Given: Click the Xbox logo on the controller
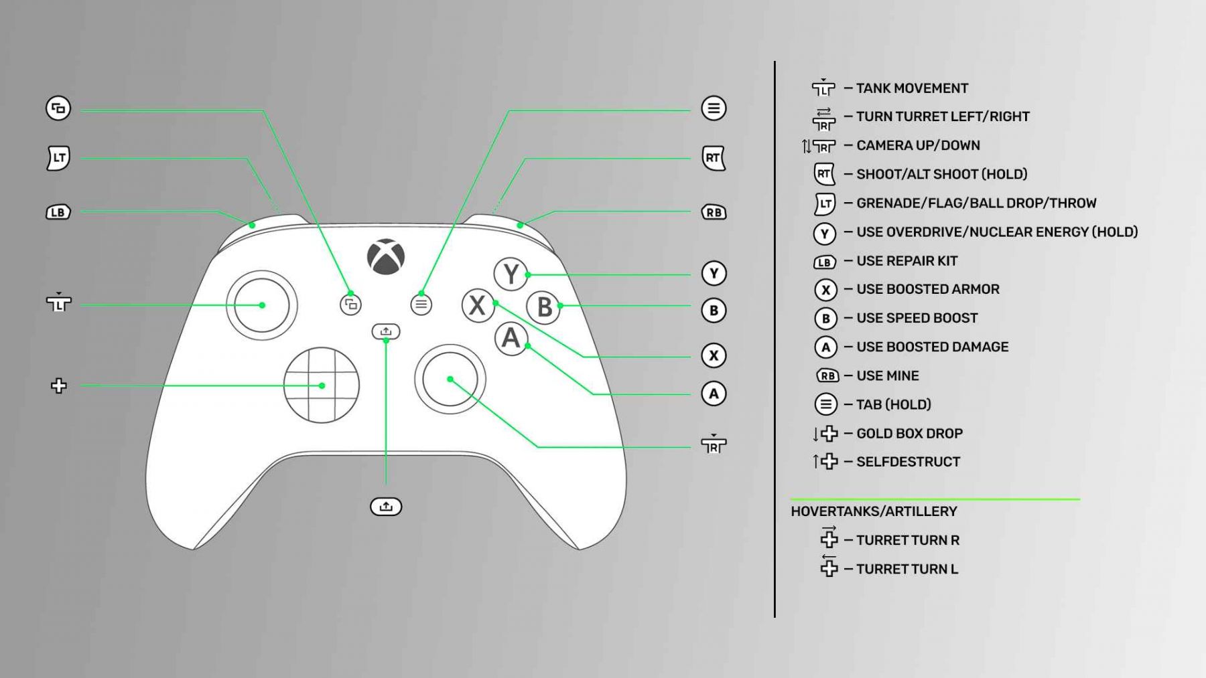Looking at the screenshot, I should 386,257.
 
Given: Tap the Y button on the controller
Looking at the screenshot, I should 511,274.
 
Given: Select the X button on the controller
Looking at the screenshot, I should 478,305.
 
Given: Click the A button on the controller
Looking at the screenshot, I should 511,339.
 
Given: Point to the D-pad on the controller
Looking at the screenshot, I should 322,385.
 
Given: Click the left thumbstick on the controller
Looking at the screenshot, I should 262,305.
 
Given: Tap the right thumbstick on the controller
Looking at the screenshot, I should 450,379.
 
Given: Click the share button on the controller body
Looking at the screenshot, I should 386,331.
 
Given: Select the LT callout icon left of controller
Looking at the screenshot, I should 58,158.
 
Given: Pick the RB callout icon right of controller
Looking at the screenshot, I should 714,212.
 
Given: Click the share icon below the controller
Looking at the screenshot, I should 386,507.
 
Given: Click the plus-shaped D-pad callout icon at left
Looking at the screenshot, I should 59,386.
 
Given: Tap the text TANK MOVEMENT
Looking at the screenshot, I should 912,88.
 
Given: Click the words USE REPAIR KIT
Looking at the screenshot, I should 907,261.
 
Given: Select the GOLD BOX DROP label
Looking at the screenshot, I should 909,434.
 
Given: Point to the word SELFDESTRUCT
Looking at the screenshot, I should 908,462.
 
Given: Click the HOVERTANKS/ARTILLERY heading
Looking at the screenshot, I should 874,511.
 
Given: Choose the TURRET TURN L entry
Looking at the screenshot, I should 907,569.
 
